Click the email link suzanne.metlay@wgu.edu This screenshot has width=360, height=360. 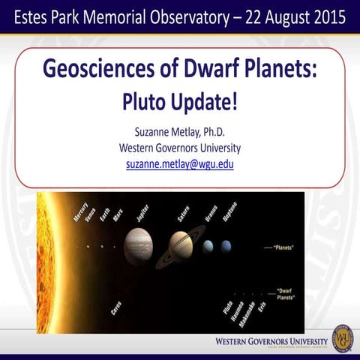tap(179, 163)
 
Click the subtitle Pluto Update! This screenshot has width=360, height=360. tap(179, 100)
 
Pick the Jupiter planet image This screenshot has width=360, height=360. tap(139, 244)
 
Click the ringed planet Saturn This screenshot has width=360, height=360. tap(181, 246)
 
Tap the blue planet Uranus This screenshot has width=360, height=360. tap(208, 246)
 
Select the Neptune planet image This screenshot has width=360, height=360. tap(226, 246)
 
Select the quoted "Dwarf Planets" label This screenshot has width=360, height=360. tap(285, 293)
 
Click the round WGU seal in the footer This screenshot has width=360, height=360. tap(342, 337)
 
